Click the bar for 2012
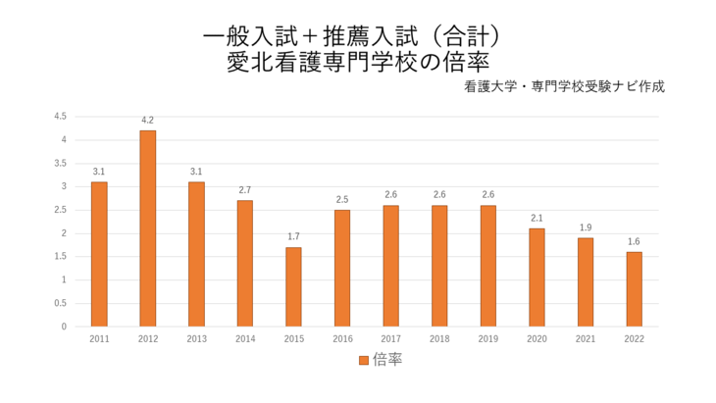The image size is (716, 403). [x=147, y=228]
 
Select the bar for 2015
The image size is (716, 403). [x=293, y=286]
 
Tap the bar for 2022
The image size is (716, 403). [x=634, y=289]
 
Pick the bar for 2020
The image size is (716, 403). [x=537, y=277]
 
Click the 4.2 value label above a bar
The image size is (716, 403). [x=147, y=121]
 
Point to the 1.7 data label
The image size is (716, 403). [x=293, y=237]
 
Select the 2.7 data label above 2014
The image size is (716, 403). [x=245, y=190]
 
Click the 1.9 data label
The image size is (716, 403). [x=586, y=227]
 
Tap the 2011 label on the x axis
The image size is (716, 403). [x=99, y=339]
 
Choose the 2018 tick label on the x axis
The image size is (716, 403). [x=439, y=339]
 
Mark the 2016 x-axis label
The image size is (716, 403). [x=342, y=339]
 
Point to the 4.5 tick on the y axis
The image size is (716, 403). [x=60, y=116]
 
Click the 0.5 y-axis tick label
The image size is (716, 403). [x=60, y=303]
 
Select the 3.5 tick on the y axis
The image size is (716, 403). [x=60, y=163]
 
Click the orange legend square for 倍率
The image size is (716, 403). [x=363, y=360]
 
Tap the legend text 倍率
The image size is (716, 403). [x=386, y=360]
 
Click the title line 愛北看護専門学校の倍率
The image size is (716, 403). [x=358, y=61]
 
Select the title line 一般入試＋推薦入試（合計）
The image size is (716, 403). [x=358, y=36]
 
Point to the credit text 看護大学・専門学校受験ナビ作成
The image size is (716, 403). [x=566, y=86]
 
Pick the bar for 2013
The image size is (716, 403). [x=196, y=254]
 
